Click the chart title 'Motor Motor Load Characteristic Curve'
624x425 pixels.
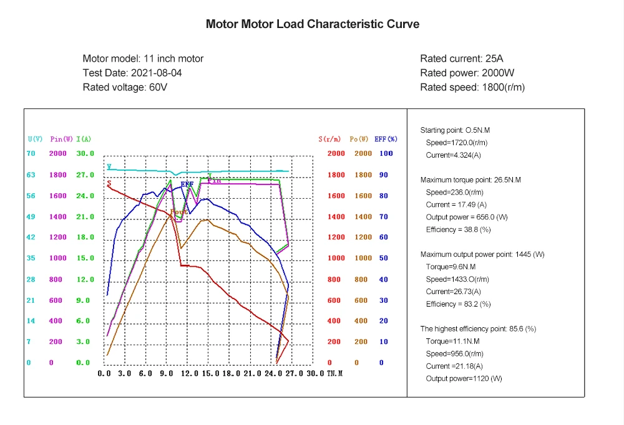pos(312,24)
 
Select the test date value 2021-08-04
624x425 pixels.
pos(156,73)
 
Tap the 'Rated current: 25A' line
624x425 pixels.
pos(461,59)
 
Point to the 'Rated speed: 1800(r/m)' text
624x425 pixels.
pos(472,87)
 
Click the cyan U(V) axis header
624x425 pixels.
pos(35,138)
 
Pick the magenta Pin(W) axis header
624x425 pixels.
pos(60,138)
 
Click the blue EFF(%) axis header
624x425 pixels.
pos(385,138)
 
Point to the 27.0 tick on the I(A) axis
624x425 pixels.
pos(85,175)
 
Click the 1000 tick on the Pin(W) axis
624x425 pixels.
pos(58,258)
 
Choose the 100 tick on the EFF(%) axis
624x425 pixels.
pos(386,153)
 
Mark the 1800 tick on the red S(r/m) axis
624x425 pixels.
pos(336,175)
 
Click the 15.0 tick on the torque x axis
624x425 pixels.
pos(211,373)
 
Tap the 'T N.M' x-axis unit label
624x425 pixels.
pos(335,373)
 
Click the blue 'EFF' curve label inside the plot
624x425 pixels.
pos(187,184)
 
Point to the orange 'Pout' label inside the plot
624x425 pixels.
pos(179,212)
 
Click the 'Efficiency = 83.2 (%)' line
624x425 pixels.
pos(458,304)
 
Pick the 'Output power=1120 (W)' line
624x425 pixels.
pos(464,378)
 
